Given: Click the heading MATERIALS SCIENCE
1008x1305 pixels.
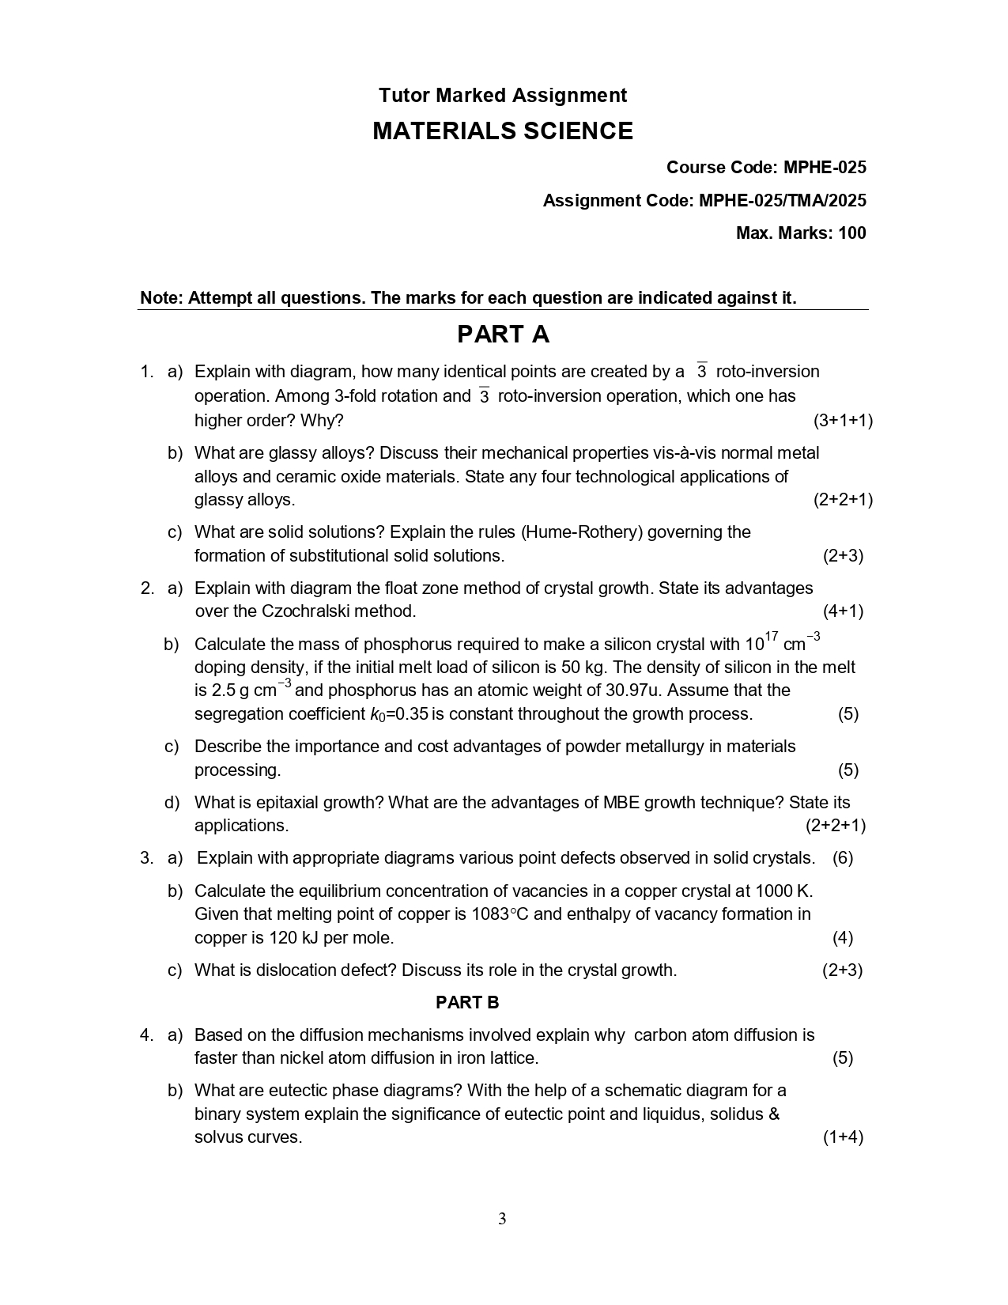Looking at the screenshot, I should click(x=503, y=131).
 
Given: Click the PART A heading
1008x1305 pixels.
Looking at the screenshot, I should click(x=503, y=335).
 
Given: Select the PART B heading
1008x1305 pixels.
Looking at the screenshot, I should click(x=467, y=1003).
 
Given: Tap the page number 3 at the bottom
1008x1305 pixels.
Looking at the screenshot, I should click(x=502, y=1219).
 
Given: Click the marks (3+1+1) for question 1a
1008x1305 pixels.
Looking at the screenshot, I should click(x=843, y=421).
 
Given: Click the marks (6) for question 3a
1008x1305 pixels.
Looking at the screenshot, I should click(x=843, y=858).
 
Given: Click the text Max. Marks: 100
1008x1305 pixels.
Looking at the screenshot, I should click(x=801, y=233).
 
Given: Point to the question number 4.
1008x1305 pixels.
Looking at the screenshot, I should click(x=146, y=1035).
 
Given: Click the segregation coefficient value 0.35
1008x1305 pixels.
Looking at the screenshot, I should click(x=411, y=714).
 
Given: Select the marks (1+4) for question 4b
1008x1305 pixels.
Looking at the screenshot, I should click(x=843, y=1137).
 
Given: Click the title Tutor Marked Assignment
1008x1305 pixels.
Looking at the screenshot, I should click(x=503, y=96).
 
